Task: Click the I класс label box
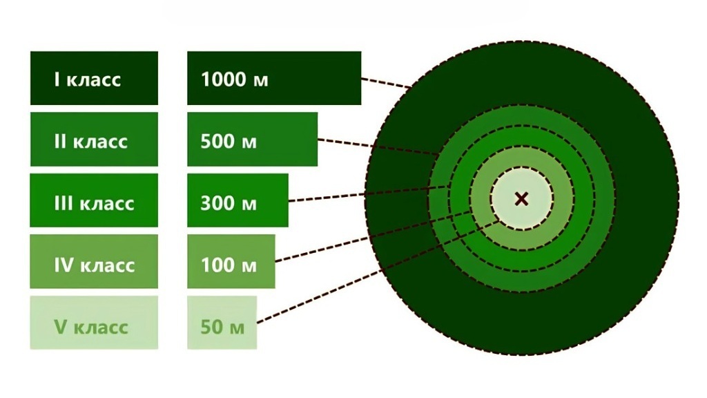pyautogui.click(x=94, y=78)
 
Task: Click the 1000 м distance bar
pyautogui.click(x=274, y=78)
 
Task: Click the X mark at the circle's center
pyautogui.click(x=521, y=199)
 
